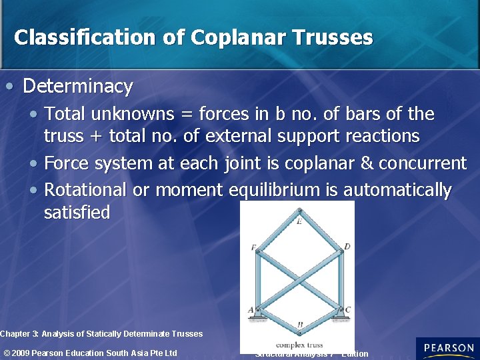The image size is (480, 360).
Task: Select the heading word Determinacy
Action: [78, 86]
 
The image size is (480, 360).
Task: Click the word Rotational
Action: [85, 190]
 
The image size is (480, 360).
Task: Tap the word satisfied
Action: [77, 213]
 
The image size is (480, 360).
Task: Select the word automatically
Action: [399, 190]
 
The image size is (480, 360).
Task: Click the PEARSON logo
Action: [448, 348]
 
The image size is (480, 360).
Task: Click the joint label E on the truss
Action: [299, 221]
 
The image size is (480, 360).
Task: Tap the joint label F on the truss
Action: [253, 248]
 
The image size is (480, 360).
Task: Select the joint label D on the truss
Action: [347, 247]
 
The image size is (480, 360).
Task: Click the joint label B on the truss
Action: [301, 325]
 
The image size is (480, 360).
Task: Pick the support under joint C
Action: [341, 317]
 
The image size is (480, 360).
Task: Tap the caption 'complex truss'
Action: [299, 345]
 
